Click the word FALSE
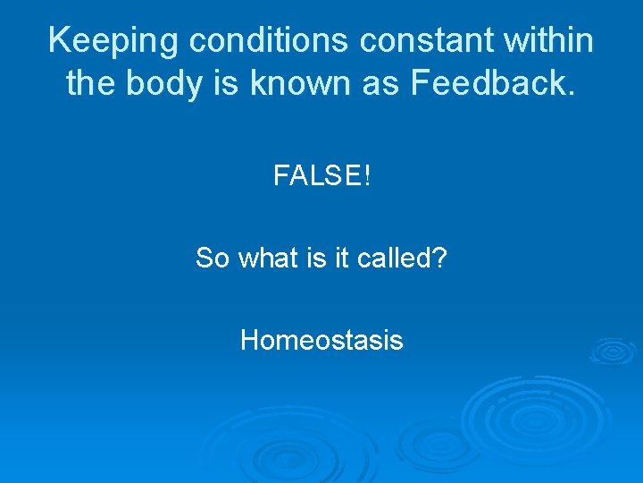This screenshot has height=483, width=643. point(316,176)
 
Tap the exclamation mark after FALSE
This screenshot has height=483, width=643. point(365,176)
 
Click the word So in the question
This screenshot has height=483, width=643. point(212,258)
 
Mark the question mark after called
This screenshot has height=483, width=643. point(440,258)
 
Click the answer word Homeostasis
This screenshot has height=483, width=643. point(321,341)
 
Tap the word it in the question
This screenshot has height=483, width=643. point(339,258)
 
